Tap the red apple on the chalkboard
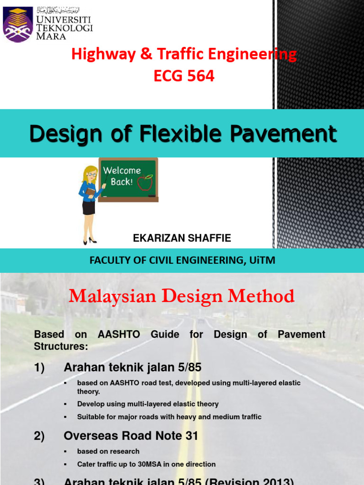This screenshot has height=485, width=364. tap(145, 181)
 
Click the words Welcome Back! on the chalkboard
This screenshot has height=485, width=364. tap(122, 176)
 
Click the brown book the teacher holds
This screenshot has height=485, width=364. tap(90, 193)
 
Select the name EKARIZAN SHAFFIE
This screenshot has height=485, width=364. tap(182, 238)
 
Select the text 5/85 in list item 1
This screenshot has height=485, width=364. tap(182, 367)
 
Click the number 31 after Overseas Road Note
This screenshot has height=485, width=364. tap(191, 436)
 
